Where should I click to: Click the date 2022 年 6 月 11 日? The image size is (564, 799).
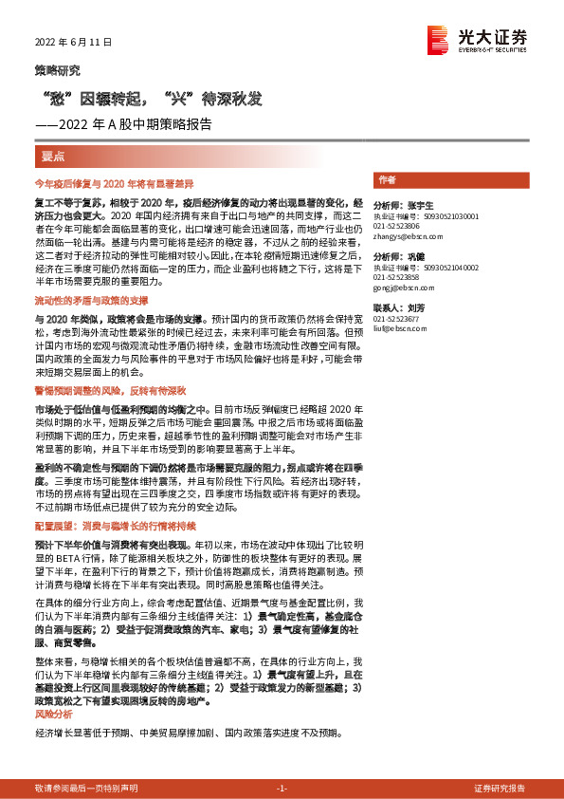point(73,43)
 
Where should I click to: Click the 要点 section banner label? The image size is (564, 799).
point(54,155)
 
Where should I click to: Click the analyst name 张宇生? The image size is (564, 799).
point(418,205)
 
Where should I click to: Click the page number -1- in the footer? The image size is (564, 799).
point(282,789)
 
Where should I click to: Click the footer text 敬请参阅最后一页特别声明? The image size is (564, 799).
point(86,789)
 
